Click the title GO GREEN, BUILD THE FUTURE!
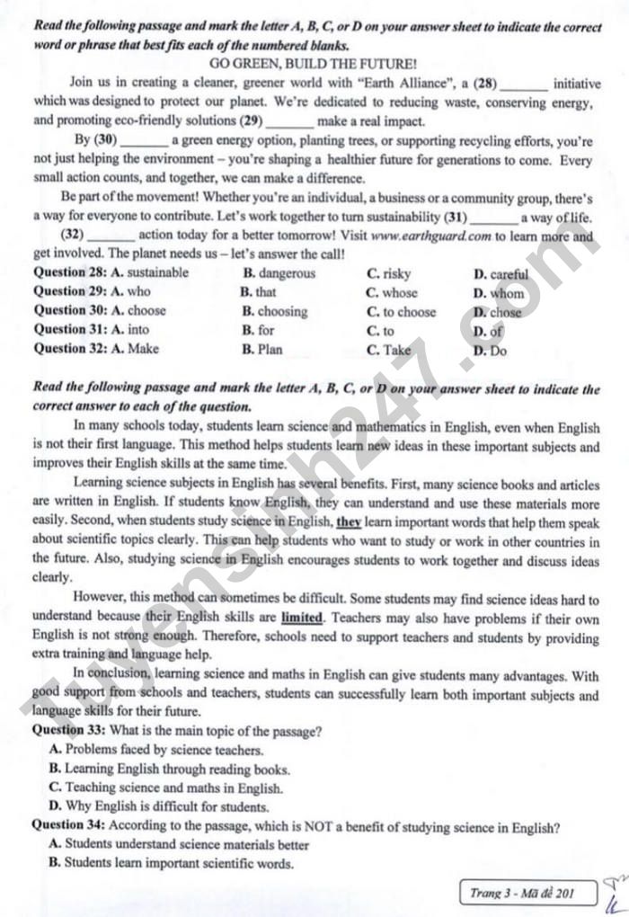(x=313, y=65)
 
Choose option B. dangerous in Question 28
(x=279, y=273)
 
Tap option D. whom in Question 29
(x=498, y=293)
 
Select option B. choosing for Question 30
(x=274, y=311)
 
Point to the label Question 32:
(x=70, y=349)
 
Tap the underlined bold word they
(x=348, y=522)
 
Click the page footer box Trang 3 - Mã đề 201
(x=532, y=893)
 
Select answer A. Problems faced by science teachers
(x=156, y=750)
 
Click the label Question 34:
(x=68, y=826)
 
